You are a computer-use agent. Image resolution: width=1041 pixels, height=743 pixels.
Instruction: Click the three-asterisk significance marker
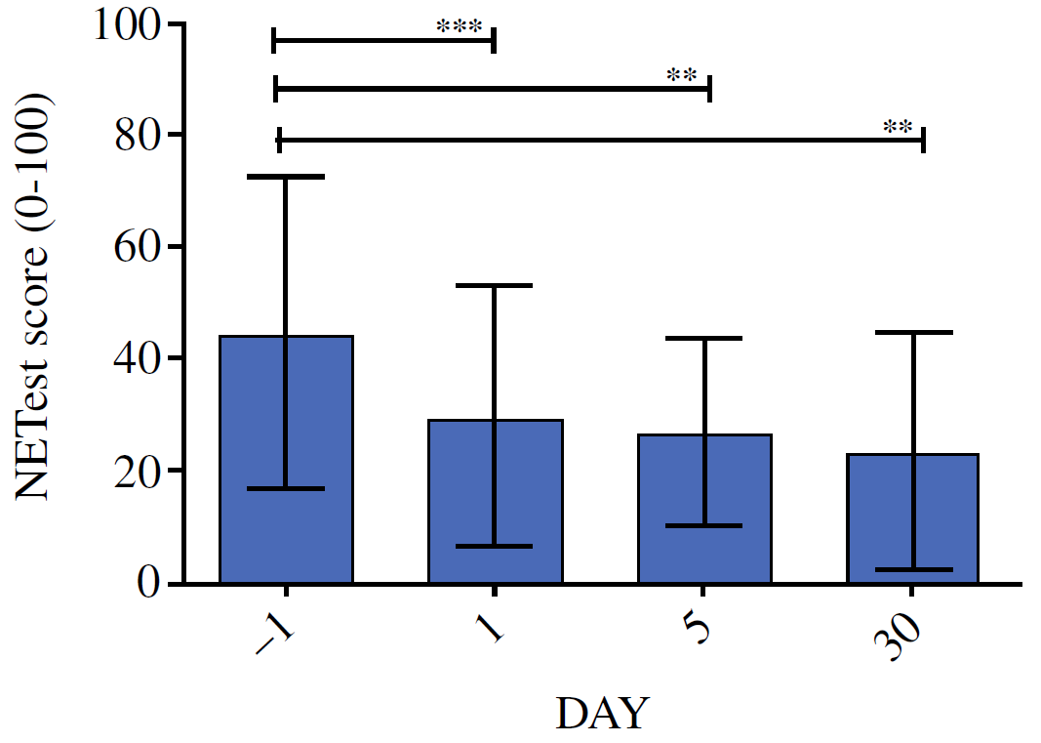pyautogui.click(x=461, y=27)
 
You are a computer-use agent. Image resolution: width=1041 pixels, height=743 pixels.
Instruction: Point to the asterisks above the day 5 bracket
pyautogui.click(x=681, y=76)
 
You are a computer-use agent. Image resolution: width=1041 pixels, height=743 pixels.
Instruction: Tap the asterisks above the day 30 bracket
pyautogui.click(x=898, y=128)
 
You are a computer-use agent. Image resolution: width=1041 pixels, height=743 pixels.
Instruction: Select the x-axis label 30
pyautogui.click(x=899, y=640)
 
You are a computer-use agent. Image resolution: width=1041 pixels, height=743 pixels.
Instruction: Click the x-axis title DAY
pyautogui.click(x=601, y=714)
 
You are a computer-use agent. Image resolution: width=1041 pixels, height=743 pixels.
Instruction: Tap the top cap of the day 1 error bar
pyautogui.click(x=495, y=285)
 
